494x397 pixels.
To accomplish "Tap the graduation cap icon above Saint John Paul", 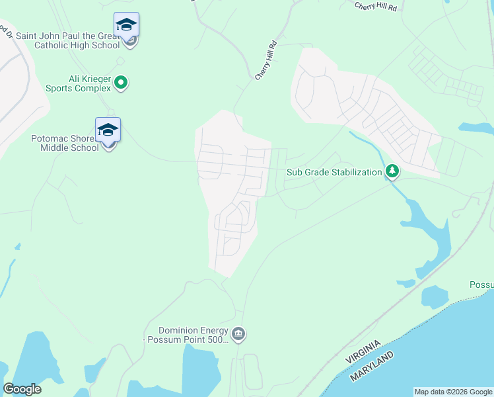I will (126, 26).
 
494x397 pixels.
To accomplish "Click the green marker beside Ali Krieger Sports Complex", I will (121, 83).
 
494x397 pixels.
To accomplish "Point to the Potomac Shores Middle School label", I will (65, 143).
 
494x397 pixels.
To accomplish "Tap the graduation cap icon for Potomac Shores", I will (108, 130).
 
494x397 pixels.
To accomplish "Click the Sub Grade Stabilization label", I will (334, 172).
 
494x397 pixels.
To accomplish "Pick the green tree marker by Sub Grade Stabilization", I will (392, 172).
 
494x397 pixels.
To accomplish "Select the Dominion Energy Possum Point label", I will (193, 335).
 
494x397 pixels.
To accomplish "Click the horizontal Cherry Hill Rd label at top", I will (375, 6).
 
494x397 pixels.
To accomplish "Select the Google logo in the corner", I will (22, 389).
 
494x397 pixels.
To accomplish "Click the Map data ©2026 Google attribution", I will (453, 392).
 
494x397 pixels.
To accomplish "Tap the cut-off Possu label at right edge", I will (481, 285).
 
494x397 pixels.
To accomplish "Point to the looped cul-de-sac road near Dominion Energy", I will (250, 371).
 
